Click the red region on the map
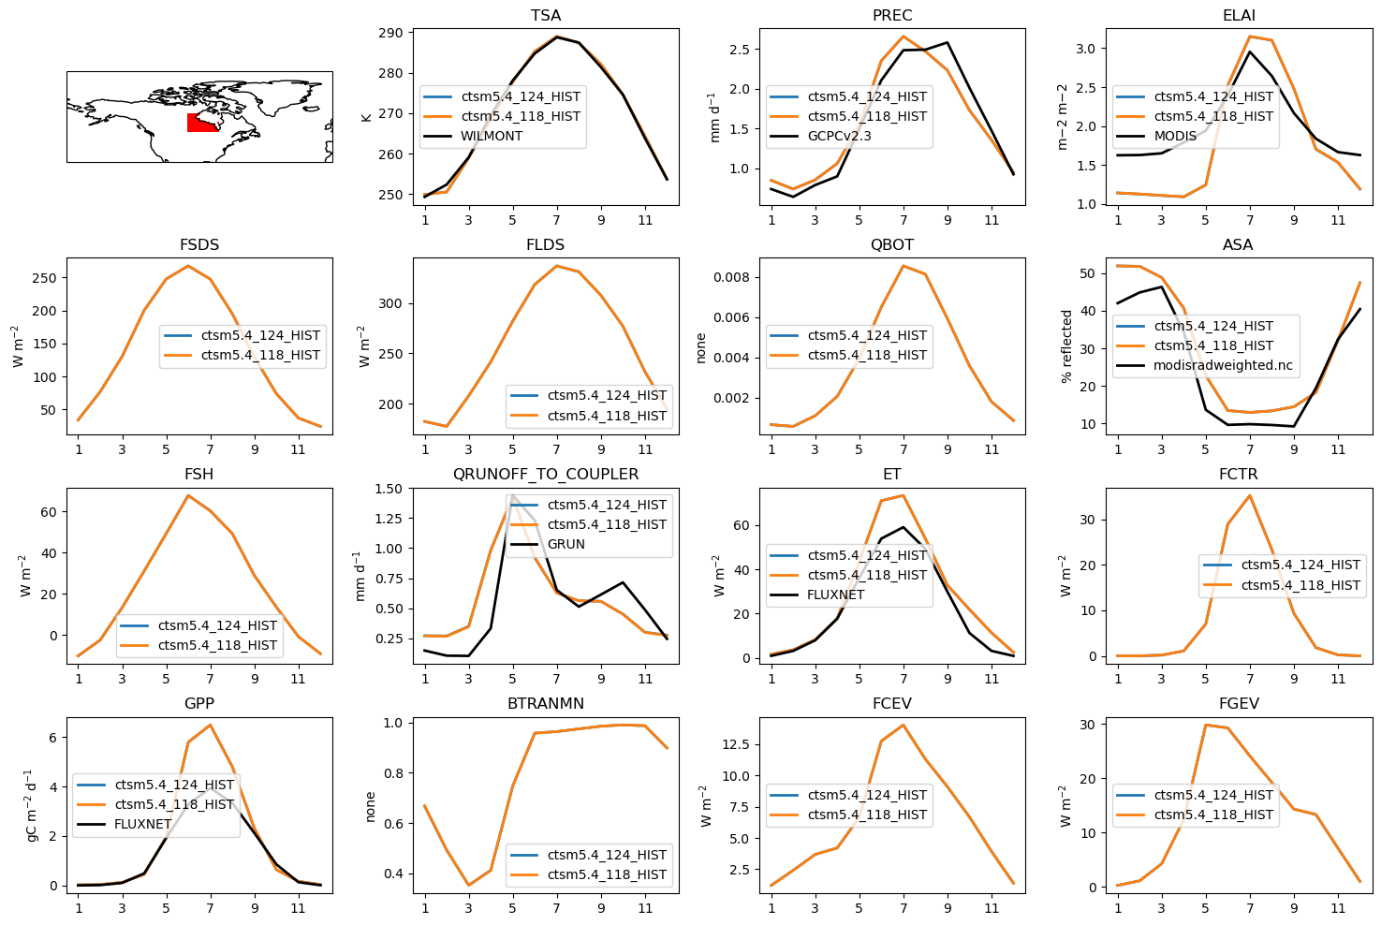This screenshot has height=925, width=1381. pyautogui.click(x=200, y=123)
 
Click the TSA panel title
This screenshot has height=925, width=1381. pyautogui.click(x=546, y=16)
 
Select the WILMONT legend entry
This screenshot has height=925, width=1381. pyautogui.click(x=492, y=136)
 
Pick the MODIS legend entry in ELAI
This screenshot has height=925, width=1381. pyautogui.click(x=1175, y=136)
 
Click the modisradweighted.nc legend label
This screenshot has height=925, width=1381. pyautogui.click(x=1223, y=365)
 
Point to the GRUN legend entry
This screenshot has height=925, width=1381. pyautogui.click(x=566, y=544)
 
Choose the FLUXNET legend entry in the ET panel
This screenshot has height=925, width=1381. pyautogui.click(x=836, y=595)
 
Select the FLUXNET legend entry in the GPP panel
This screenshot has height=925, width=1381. pyautogui.click(x=143, y=824)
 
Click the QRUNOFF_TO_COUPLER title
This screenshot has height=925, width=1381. pyautogui.click(x=546, y=475)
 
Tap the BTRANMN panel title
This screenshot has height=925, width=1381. pyautogui.click(x=546, y=704)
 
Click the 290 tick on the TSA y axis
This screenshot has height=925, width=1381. pyautogui.click(x=390, y=33)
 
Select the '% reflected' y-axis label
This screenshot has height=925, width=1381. pyautogui.click(x=1066, y=346)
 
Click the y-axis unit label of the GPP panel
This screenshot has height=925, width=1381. pyautogui.click(x=30, y=805)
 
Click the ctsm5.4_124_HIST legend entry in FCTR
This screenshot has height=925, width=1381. pyautogui.click(x=1300, y=565)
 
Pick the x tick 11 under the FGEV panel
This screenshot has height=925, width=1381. pyautogui.click(x=1338, y=908)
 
